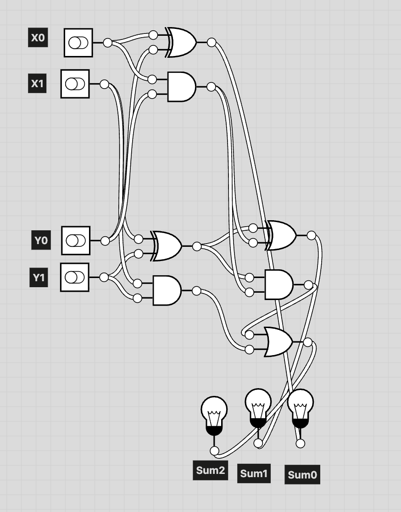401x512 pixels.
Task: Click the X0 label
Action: [x=38, y=38]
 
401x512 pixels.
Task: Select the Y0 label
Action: [x=41, y=240]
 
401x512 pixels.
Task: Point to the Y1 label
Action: [x=39, y=278]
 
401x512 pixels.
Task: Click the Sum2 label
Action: [x=210, y=470]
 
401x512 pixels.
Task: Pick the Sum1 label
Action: [x=254, y=473]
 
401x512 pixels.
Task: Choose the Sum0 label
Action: [x=302, y=475]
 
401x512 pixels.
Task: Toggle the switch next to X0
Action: [x=78, y=43]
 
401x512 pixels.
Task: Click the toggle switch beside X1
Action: [x=75, y=84]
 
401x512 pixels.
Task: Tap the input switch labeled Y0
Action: [x=75, y=240]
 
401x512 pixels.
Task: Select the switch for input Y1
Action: [x=75, y=277]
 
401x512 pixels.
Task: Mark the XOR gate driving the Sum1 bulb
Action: [x=281, y=235]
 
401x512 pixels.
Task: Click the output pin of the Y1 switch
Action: [x=104, y=277]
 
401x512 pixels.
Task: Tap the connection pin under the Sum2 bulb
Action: [x=214, y=451]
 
